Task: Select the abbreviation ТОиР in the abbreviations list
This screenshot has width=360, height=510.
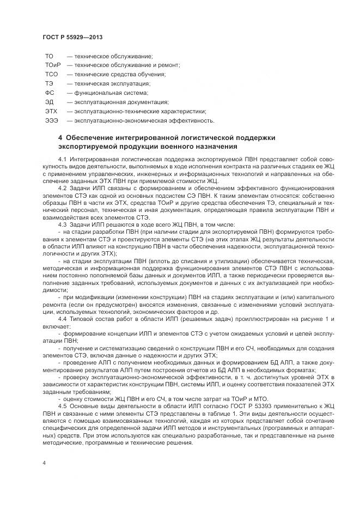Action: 52,65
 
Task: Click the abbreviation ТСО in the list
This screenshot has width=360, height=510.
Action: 51,74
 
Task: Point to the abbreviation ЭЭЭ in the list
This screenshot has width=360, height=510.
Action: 51,120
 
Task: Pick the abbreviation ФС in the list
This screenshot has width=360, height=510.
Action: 49,93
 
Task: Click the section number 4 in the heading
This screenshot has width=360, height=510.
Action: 60,137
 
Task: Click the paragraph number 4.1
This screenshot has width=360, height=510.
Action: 63,158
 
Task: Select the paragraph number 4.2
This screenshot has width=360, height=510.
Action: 63,187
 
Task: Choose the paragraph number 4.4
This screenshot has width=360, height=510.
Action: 63,318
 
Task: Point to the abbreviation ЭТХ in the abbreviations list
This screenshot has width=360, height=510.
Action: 51,111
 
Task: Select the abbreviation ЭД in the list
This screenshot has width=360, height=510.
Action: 49,102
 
